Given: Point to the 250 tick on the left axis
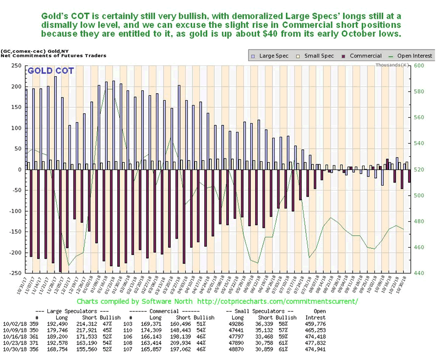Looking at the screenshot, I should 16,66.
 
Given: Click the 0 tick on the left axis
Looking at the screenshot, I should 21,169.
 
